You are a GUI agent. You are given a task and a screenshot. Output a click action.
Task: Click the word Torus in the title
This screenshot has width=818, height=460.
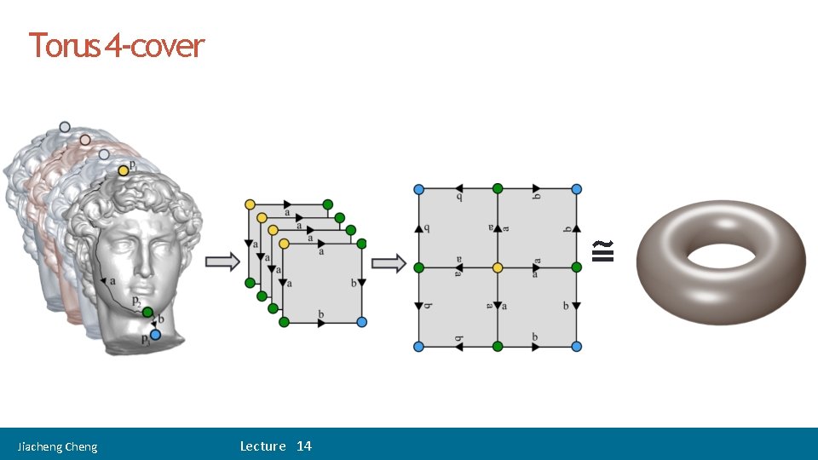(x=66, y=45)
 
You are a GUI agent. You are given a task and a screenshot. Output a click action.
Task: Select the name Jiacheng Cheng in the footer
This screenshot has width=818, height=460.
(x=58, y=446)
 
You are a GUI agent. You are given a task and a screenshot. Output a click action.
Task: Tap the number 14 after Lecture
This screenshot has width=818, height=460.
(x=304, y=446)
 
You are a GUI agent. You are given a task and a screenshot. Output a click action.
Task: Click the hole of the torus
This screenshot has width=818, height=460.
(x=720, y=255)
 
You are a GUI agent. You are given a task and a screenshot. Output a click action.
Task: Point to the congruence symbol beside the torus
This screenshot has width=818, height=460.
(x=603, y=250)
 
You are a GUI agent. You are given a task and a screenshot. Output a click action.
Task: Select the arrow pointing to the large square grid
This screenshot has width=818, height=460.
(x=389, y=263)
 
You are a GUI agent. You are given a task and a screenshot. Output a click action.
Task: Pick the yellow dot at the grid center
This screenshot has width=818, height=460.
(x=498, y=267)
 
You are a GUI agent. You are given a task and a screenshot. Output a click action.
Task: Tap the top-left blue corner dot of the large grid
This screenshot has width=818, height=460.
(x=418, y=188)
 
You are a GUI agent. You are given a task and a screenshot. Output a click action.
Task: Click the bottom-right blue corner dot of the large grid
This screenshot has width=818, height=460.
(x=577, y=346)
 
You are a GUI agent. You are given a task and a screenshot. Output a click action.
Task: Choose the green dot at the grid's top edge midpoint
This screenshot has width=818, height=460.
(x=498, y=188)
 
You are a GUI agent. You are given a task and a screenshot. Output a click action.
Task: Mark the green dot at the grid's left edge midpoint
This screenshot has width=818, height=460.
(x=418, y=267)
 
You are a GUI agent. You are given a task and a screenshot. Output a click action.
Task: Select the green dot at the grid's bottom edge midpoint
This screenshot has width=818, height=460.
(x=498, y=346)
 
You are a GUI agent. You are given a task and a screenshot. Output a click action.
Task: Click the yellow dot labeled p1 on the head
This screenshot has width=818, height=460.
(x=124, y=171)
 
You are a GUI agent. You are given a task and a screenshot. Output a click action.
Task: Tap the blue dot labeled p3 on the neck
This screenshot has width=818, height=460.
(x=155, y=335)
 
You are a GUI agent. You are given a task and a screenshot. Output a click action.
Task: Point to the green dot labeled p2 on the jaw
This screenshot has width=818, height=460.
(x=147, y=313)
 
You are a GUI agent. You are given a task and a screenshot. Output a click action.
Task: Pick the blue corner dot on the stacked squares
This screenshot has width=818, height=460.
(x=362, y=322)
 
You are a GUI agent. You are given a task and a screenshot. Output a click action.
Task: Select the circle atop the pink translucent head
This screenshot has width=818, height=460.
(x=85, y=140)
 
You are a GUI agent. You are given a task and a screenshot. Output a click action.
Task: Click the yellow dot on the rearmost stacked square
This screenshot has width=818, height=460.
(x=250, y=204)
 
